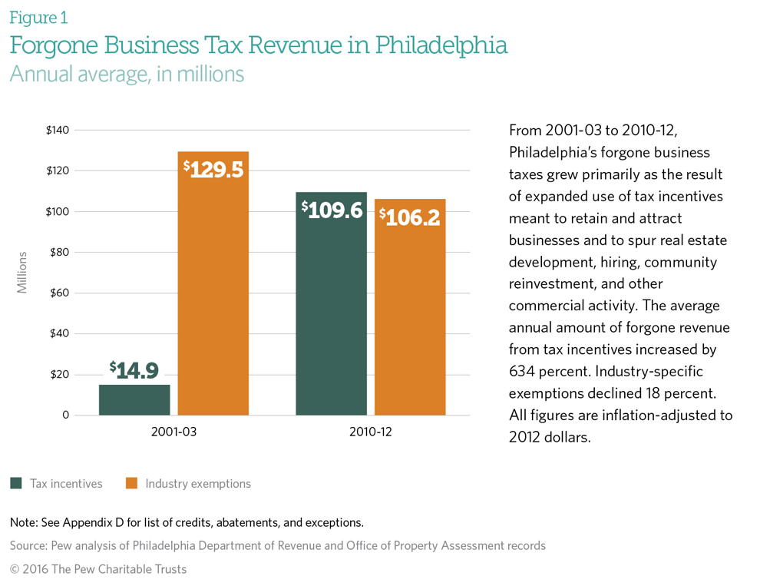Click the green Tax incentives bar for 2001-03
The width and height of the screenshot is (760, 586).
click(x=134, y=399)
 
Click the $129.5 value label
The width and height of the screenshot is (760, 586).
click(x=213, y=169)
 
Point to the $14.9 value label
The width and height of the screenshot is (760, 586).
click(x=134, y=371)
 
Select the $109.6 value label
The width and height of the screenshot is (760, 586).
click(x=332, y=210)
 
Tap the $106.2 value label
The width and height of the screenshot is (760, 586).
click(x=410, y=217)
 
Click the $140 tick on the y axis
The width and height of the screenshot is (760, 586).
click(x=58, y=130)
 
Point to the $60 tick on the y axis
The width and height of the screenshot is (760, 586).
click(x=59, y=293)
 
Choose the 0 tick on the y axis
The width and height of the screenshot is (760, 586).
click(x=65, y=415)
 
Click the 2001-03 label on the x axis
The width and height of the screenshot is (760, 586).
click(x=174, y=432)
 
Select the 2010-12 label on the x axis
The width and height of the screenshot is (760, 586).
click(x=370, y=432)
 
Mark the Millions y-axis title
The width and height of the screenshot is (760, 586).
click(x=22, y=272)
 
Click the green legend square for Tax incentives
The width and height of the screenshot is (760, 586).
click(x=15, y=484)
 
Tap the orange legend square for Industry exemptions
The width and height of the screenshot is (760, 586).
click(x=131, y=484)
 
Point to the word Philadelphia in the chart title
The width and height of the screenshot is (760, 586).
click(x=441, y=46)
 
